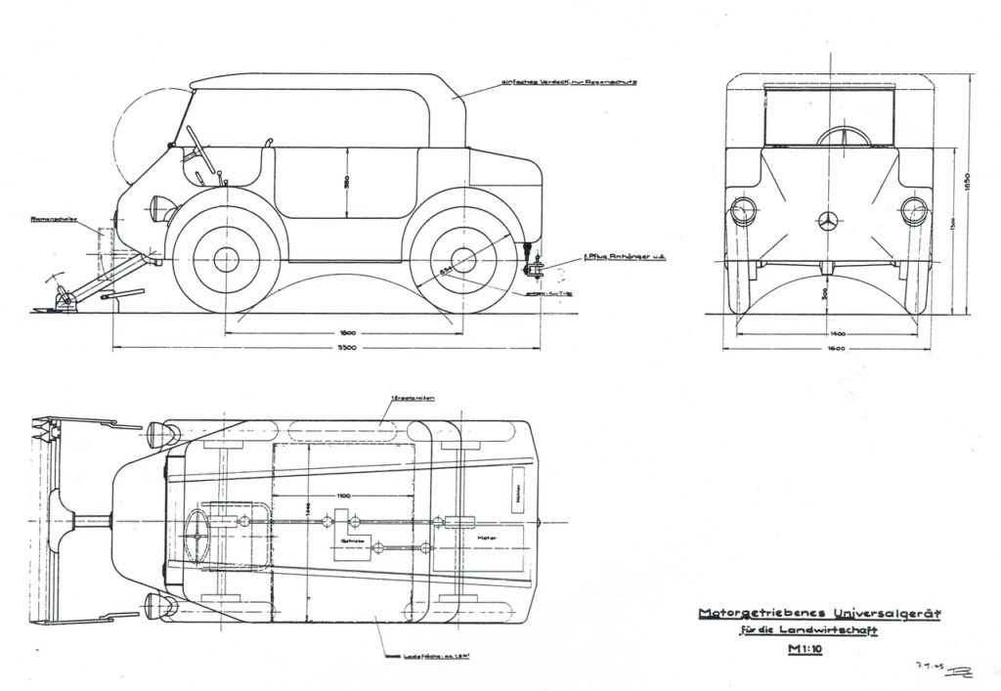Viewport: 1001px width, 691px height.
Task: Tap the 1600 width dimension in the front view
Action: point(833,348)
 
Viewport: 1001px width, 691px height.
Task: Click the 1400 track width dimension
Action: point(834,333)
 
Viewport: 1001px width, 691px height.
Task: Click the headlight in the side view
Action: point(158,207)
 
